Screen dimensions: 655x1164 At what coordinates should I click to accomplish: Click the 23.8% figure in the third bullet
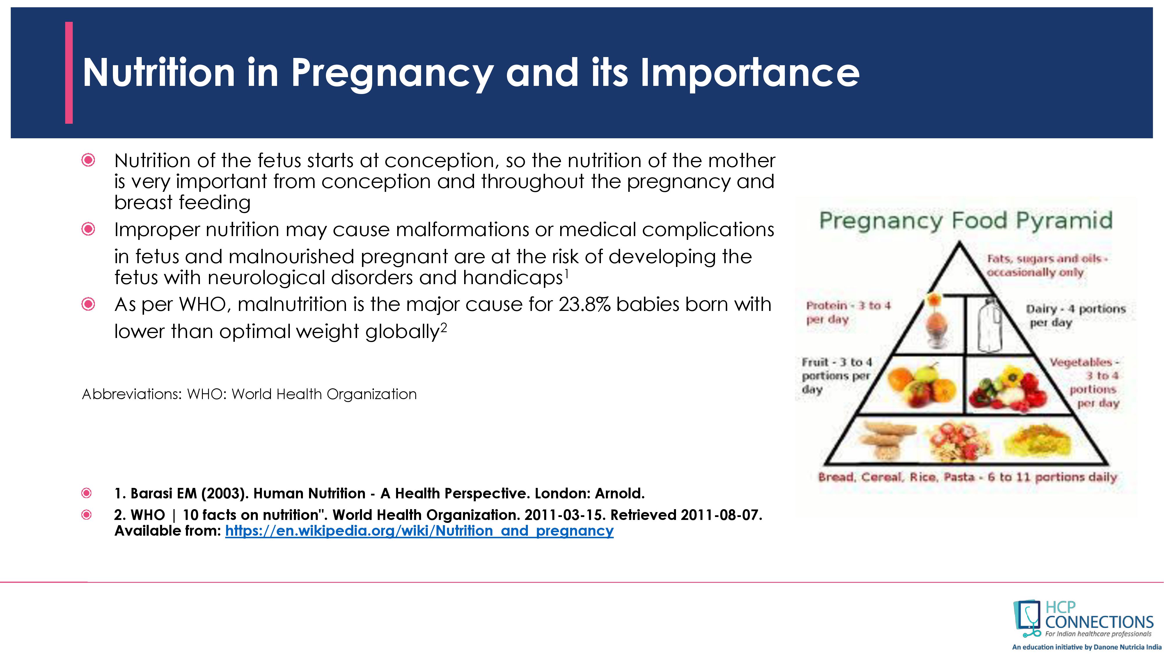pyautogui.click(x=584, y=304)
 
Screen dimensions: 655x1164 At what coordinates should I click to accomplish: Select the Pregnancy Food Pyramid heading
pyautogui.click(x=966, y=221)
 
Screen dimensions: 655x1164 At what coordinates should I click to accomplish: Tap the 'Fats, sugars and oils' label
pyautogui.click(x=1046, y=265)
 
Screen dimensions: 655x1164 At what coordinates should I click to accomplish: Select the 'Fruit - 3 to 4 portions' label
pyautogui.click(x=836, y=376)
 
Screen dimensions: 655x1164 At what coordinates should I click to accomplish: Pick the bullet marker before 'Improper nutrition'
pyautogui.click(x=88, y=229)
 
